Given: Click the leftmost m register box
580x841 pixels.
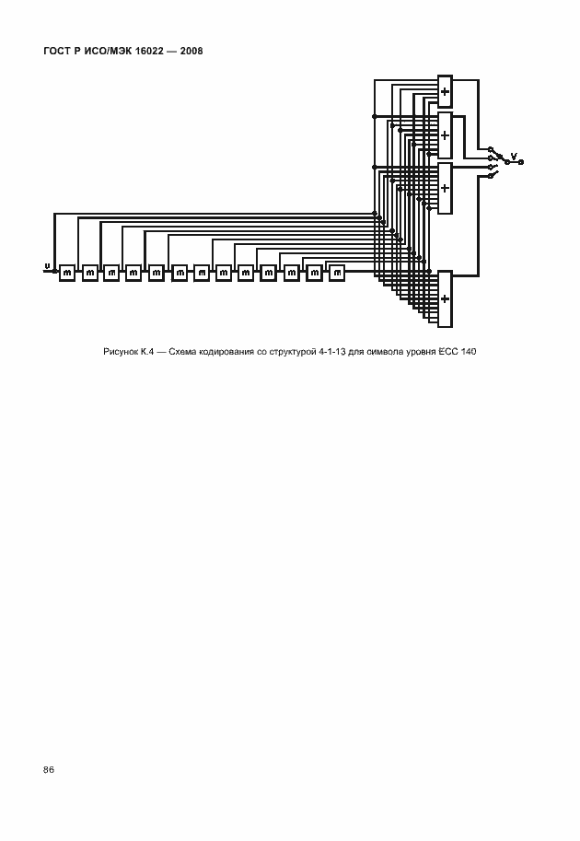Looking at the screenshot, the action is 67,274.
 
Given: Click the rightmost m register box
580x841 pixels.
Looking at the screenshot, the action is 337,274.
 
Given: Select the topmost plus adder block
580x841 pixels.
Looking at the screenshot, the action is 445,92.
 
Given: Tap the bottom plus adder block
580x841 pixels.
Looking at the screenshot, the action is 445,298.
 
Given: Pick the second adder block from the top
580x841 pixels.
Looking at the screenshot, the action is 445,135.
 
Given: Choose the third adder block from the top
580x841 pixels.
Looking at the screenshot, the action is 445,188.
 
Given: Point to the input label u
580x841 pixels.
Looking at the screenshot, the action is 47,266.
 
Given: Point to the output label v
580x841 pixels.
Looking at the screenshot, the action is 514,157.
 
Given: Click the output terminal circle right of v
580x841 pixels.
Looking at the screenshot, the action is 521,162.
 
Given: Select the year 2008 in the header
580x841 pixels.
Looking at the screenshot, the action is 191,52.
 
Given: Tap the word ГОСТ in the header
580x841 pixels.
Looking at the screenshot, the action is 55,52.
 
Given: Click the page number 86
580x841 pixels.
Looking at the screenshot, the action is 49,770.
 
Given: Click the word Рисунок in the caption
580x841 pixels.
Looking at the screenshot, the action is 121,352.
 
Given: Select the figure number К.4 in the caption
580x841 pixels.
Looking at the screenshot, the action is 147,352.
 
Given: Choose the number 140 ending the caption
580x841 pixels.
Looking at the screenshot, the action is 469,352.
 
